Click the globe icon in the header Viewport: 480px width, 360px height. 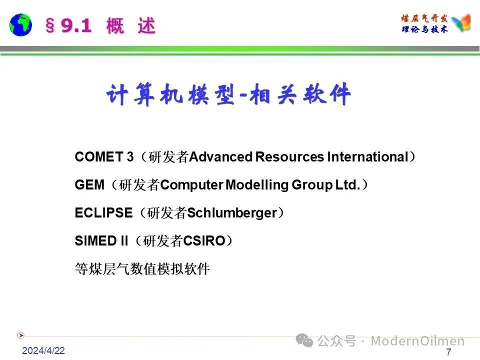[20, 25]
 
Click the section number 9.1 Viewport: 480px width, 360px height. [76, 25]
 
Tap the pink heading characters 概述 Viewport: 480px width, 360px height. [131, 25]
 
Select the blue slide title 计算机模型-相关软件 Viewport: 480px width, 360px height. [228, 94]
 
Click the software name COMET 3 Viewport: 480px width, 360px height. [104, 156]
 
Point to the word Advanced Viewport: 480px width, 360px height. [220, 156]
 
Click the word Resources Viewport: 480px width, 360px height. [289, 156]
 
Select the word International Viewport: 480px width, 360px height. [368, 156]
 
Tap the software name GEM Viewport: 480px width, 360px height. [89, 185]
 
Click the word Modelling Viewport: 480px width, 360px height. [257, 185]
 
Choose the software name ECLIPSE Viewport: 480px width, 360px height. [104, 213]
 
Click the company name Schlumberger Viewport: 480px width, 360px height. [232, 213]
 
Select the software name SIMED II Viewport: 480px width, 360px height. [101, 241]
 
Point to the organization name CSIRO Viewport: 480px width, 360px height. [204, 241]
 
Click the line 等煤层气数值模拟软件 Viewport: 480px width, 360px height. [142, 269]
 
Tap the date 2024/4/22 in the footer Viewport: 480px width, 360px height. [43, 350]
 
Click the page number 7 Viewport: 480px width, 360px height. [448, 351]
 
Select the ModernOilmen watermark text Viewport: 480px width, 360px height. [417, 340]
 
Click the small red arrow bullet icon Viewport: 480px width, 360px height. [20, 335]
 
